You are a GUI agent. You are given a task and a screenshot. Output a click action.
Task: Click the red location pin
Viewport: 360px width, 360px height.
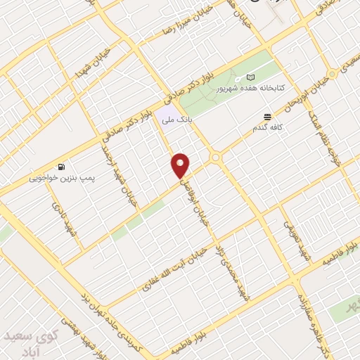[x=181, y=165]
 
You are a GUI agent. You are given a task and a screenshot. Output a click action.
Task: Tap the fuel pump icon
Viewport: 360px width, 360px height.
[x=62, y=167]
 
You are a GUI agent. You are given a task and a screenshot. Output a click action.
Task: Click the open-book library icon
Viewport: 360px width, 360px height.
[x=251, y=77]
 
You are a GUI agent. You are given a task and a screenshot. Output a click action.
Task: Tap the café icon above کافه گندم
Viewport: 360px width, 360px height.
[x=267, y=117]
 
